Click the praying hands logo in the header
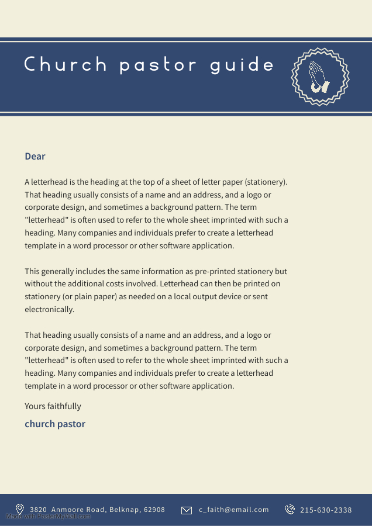(319, 77)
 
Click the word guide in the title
(242, 64)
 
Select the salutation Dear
(35, 156)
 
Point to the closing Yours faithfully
(53, 406)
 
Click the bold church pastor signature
(55, 424)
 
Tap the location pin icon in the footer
(19, 510)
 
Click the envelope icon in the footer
(187, 510)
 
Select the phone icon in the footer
(290, 510)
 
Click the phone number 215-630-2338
(326, 510)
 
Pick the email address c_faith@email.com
(234, 510)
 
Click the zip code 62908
(154, 510)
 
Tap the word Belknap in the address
(124, 510)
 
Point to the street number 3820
(39, 510)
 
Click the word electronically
(50, 310)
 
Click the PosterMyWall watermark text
(48, 517)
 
